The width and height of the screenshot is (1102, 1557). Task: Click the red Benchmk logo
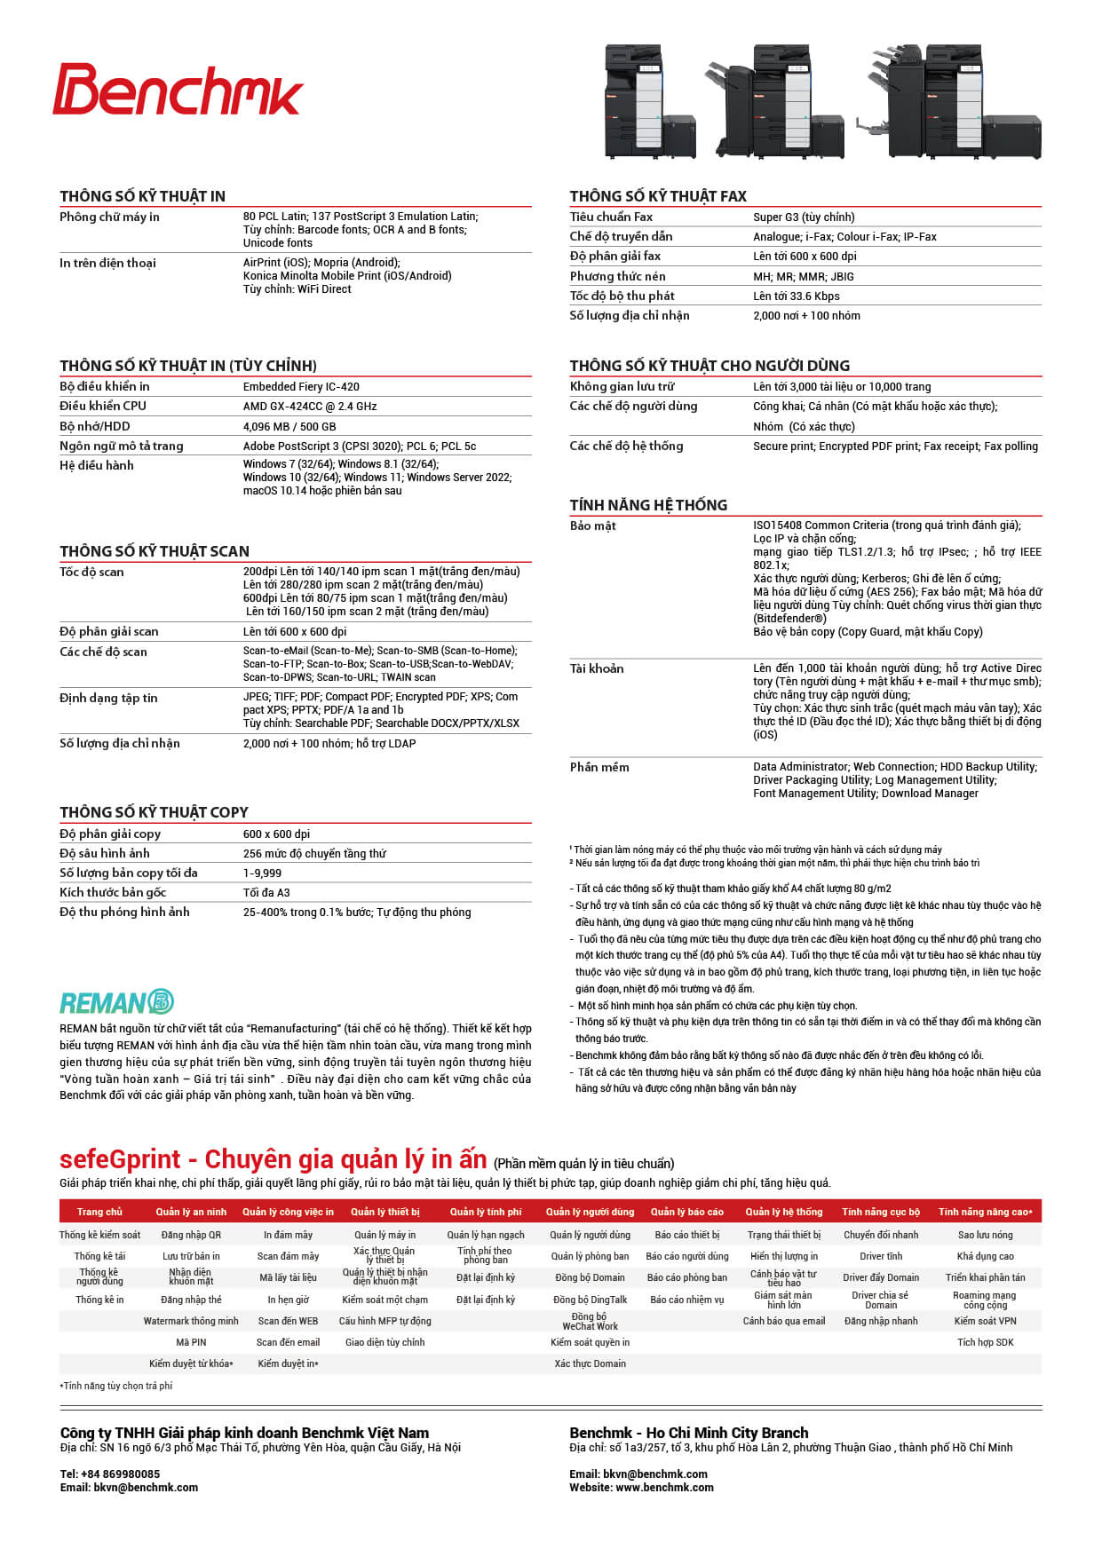click(178, 90)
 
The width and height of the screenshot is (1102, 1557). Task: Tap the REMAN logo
click(116, 1002)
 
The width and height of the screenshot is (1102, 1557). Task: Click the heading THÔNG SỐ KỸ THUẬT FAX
click(658, 196)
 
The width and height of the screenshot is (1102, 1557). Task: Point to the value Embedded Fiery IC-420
click(301, 387)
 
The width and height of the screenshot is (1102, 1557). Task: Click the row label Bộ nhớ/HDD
click(95, 426)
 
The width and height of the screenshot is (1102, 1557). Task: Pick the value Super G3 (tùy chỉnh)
click(804, 217)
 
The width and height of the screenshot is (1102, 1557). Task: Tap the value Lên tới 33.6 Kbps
click(796, 296)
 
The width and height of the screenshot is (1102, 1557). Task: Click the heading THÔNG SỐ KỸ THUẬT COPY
click(154, 812)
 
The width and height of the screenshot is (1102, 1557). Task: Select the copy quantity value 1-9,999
click(262, 873)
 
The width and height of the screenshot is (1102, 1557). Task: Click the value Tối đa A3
click(266, 893)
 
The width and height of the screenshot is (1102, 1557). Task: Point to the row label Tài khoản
click(597, 668)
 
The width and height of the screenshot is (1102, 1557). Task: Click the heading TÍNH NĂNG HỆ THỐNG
click(648, 505)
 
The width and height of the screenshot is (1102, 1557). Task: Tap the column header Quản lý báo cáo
click(686, 1212)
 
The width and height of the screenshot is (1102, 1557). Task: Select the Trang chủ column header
click(99, 1212)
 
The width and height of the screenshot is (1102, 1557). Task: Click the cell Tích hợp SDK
click(985, 1342)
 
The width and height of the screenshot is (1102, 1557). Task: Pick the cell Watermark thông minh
click(191, 1321)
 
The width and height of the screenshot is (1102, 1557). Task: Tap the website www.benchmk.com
click(664, 1488)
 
